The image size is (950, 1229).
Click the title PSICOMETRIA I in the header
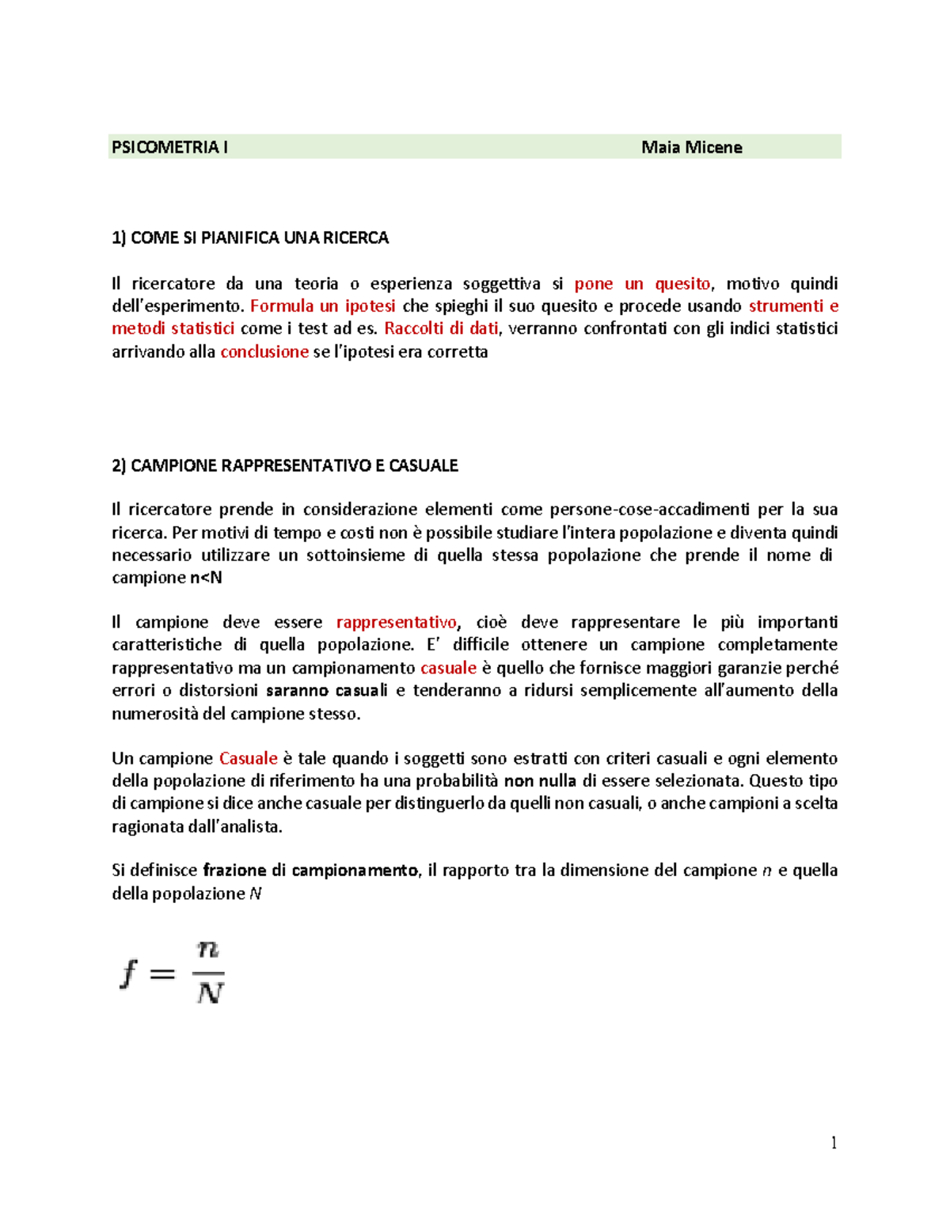pyautogui.click(x=169, y=147)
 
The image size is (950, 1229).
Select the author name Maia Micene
pyautogui.click(x=691, y=147)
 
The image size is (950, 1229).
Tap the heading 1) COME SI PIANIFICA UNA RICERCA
pyautogui.click(x=250, y=238)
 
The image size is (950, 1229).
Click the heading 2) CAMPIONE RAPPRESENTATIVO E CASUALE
pyautogui.click(x=285, y=465)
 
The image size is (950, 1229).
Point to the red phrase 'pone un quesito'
pyautogui.click(x=642, y=284)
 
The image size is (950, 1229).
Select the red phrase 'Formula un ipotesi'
pyautogui.click(x=322, y=306)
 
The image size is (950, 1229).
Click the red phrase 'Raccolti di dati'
pyautogui.click(x=441, y=328)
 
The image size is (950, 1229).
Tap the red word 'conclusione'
pyautogui.click(x=264, y=352)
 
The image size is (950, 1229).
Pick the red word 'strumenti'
pyautogui.click(x=785, y=306)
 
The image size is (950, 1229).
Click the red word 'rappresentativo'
pyautogui.click(x=396, y=623)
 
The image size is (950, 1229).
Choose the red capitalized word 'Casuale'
pyautogui.click(x=248, y=759)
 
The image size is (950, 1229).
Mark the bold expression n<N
pyautogui.click(x=206, y=578)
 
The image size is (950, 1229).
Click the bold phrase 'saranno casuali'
pyautogui.click(x=326, y=691)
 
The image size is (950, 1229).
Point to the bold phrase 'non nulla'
pyautogui.click(x=540, y=781)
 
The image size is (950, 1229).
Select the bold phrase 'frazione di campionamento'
pyautogui.click(x=310, y=871)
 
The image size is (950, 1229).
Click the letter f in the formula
pyautogui.click(x=128, y=973)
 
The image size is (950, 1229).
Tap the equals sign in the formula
pyautogui.click(x=162, y=974)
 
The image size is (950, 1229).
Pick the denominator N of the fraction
pyautogui.click(x=210, y=992)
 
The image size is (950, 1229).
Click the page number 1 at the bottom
pyautogui.click(x=834, y=1143)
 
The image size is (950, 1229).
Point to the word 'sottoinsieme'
pyautogui.click(x=355, y=556)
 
